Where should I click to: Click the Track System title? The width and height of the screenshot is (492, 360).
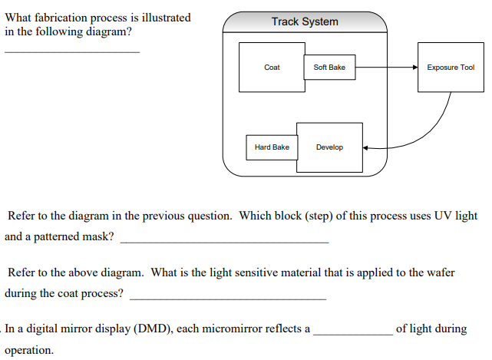305,21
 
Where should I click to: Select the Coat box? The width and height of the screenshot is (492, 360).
272,68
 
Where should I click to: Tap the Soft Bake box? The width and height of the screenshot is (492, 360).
329,68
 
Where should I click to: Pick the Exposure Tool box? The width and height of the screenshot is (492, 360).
451,68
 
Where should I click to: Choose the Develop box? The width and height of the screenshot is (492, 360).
329,147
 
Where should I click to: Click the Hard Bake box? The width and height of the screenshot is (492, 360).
272,147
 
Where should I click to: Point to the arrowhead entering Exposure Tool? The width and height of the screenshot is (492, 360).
415,68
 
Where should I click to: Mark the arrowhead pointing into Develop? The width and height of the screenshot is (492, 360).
365,148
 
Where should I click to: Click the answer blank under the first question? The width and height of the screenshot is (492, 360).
72,52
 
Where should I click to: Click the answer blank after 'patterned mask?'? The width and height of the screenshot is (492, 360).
225,243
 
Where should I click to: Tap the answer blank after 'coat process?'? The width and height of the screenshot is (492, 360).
228,299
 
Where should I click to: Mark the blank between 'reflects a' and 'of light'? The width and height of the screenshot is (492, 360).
353,335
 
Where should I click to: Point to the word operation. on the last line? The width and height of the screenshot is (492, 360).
29,350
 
